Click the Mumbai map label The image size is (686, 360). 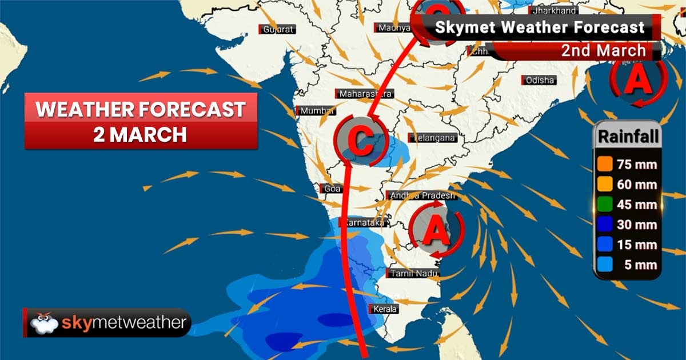pos(315,111)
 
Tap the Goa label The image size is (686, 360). pos(330,189)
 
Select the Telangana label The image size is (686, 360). pos(433,138)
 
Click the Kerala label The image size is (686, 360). pos(384,310)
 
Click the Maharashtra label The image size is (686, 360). pos(365,94)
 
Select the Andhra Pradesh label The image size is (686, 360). pos(421,195)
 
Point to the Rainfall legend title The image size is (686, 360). pos(628,137)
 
